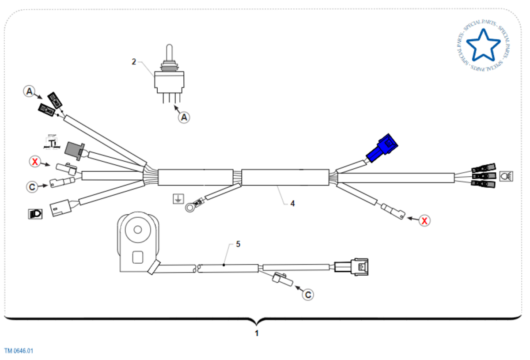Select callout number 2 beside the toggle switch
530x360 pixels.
[134, 61]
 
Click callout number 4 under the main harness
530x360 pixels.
[292, 204]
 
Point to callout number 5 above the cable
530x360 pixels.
[238, 244]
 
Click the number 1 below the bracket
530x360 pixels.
[257, 333]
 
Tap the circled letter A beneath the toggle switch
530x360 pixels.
[185, 117]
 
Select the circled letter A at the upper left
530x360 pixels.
[29, 91]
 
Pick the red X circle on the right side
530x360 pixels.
[424, 220]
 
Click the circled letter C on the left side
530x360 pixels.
[32, 187]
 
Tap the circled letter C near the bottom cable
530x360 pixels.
[308, 294]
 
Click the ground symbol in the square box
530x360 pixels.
[178, 199]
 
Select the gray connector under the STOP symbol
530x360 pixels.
[72, 150]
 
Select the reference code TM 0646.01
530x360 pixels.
[19, 351]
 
